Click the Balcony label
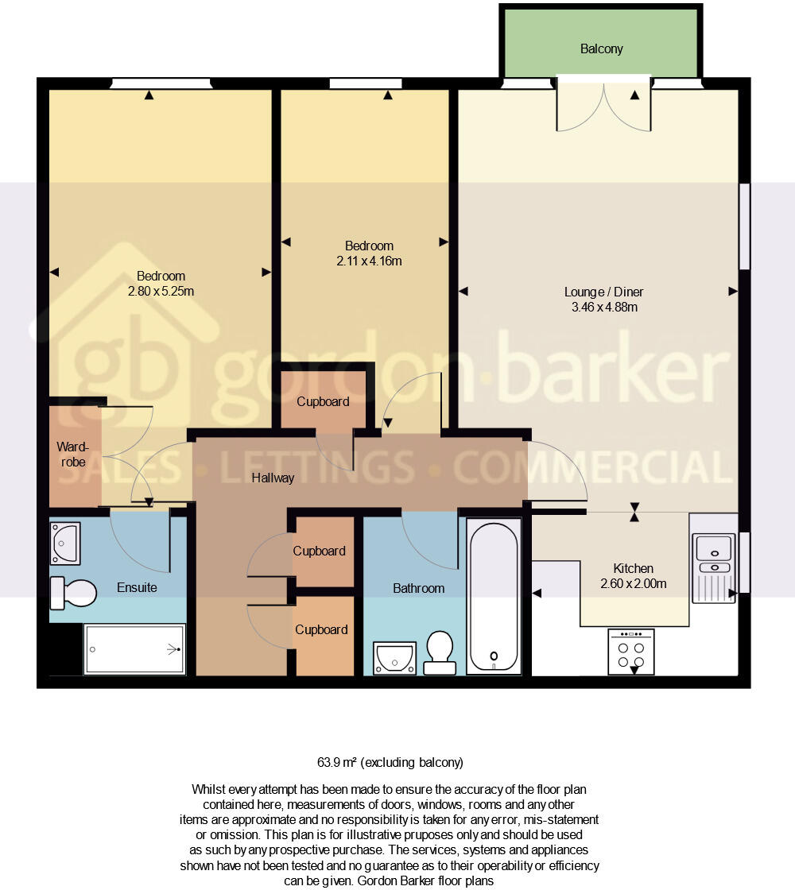click(x=601, y=49)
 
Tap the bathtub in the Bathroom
click(x=494, y=596)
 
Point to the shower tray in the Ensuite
click(x=134, y=649)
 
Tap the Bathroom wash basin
click(x=394, y=658)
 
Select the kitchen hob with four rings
click(x=630, y=652)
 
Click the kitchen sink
click(x=714, y=556)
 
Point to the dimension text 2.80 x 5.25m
click(x=161, y=291)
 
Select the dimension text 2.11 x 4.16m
click(x=368, y=261)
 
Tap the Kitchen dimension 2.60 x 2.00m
click(x=633, y=584)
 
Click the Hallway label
click(x=273, y=478)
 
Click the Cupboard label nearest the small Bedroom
click(x=323, y=402)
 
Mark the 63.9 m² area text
click(x=390, y=763)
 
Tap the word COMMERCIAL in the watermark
click(x=592, y=467)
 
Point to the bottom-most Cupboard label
click(x=321, y=630)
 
